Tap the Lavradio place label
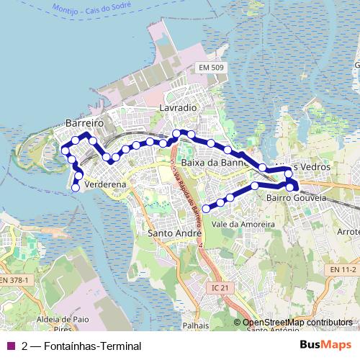pos(178,107)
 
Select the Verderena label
pos(105,184)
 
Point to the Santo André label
pos(174,233)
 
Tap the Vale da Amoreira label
pos(244,224)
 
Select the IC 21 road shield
pos(224,287)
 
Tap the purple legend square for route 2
pos(10,346)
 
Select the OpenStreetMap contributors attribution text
pos(297,322)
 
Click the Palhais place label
pos(195,325)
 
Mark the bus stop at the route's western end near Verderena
pos(76,188)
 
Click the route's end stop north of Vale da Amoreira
pos(206,209)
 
